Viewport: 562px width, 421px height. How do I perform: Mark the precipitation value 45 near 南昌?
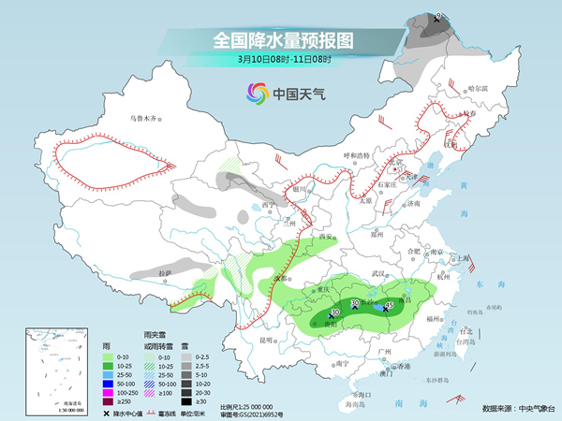(x=389, y=305)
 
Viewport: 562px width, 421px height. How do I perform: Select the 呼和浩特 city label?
(x=358, y=154)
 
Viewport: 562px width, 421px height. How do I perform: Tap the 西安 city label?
(x=325, y=237)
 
